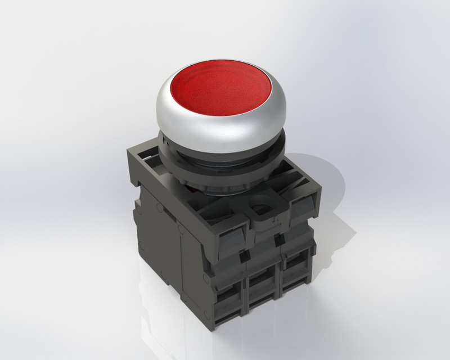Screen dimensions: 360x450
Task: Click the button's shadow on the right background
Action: pos(332,186)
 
